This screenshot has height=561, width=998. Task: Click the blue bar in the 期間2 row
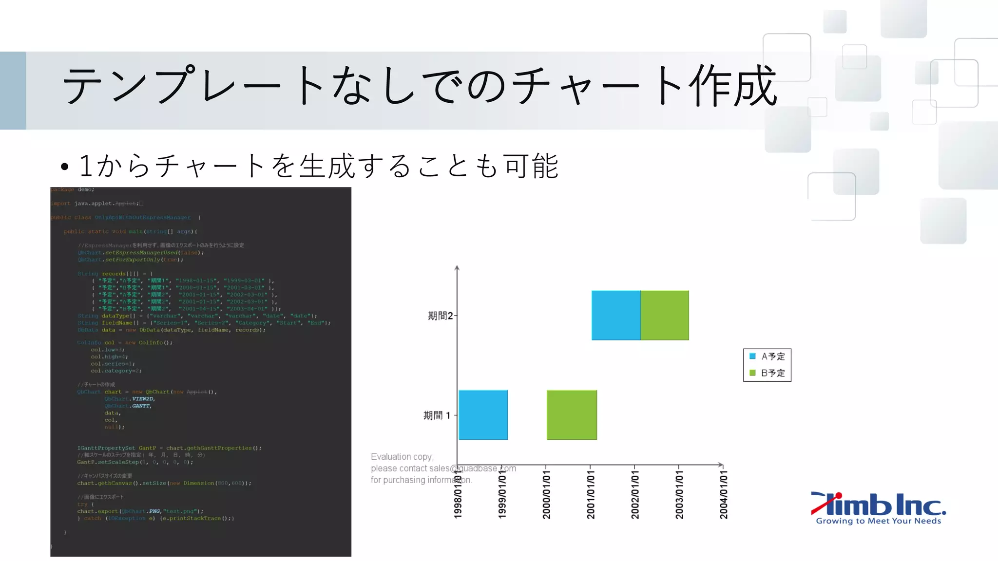point(616,315)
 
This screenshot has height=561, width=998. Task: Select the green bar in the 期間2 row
point(665,315)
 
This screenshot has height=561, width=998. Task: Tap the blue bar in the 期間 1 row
point(483,415)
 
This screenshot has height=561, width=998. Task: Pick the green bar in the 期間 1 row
point(572,415)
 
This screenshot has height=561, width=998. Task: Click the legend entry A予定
point(768,356)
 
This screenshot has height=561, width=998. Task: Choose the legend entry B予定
point(768,373)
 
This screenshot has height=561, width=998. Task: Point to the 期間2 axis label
point(440,316)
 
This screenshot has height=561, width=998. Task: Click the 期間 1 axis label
point(437,415)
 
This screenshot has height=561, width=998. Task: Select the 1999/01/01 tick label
point(502,494)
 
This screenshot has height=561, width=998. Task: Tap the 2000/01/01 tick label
point(546,494)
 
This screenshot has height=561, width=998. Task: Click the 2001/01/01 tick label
point(591,494)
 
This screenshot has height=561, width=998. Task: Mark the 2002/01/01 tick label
point(635,494)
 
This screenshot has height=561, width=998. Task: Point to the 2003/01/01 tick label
point(679,494)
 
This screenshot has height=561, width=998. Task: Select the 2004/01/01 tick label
point(724,494)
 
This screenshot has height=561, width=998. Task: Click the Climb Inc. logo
point(879,505)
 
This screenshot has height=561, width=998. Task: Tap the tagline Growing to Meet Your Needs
point(879,521)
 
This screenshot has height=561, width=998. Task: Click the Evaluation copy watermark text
point(402,457)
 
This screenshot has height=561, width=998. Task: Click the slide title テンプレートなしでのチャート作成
point(419,86)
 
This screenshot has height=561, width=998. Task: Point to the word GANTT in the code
point(142,406)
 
